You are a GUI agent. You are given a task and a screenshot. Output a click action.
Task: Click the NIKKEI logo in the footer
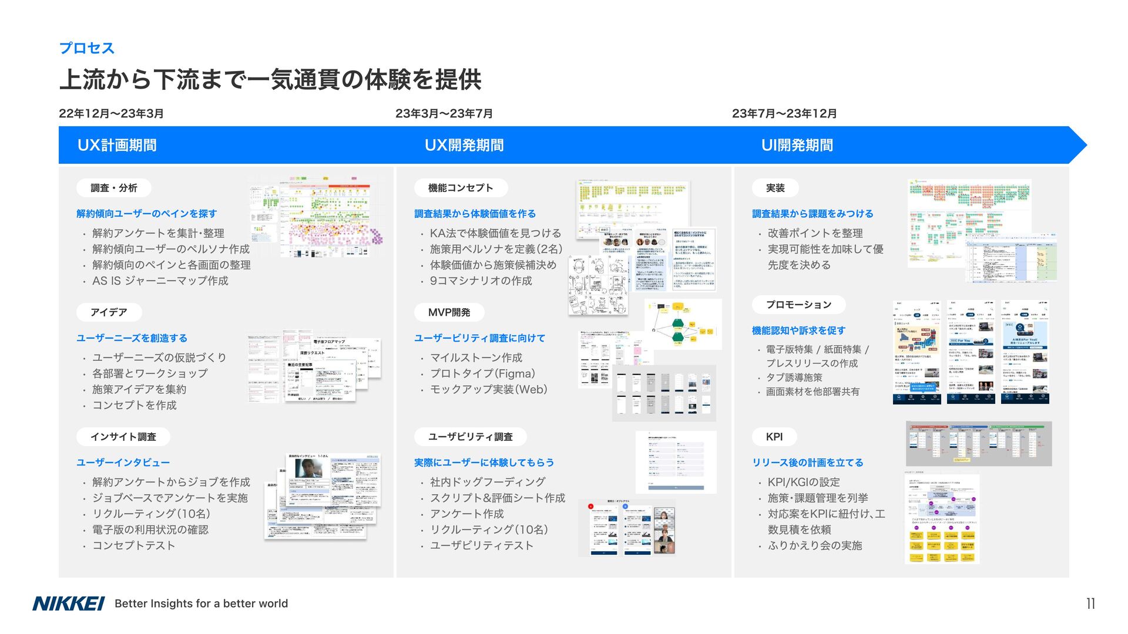point(68,603)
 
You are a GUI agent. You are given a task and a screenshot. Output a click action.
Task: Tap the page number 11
point(1090,603)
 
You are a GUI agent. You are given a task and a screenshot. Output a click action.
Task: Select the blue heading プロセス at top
point(86,48)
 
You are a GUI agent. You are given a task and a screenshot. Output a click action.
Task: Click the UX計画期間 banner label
point(117,145)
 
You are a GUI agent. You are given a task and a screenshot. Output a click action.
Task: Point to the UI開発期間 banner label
point(797,145)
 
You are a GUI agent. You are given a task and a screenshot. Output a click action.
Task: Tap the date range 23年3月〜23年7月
point(444,113)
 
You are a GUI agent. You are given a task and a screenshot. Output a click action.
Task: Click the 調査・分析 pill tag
point(114,188)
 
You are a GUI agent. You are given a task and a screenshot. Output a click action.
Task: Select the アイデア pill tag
point(109,312)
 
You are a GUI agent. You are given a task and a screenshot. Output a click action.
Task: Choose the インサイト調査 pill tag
point(123,437)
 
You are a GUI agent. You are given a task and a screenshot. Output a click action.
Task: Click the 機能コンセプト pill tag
point(461,188)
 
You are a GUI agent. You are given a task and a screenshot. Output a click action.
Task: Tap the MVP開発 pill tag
point(449,312)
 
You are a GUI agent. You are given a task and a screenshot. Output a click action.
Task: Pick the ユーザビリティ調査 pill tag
point(470,437)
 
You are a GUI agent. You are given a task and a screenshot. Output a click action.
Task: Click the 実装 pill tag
point(775,188)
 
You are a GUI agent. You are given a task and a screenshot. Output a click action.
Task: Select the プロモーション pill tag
point(798,305)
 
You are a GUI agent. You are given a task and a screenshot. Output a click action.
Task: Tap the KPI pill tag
point(774,437)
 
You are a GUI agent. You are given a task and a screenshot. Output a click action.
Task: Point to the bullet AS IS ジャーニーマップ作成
point(160,281)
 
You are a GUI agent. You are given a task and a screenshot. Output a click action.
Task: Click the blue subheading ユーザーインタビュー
point(123,463)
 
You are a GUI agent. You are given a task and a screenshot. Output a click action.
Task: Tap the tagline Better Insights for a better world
point(201,603)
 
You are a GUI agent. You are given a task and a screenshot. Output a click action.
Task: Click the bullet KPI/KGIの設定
point(803,482)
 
